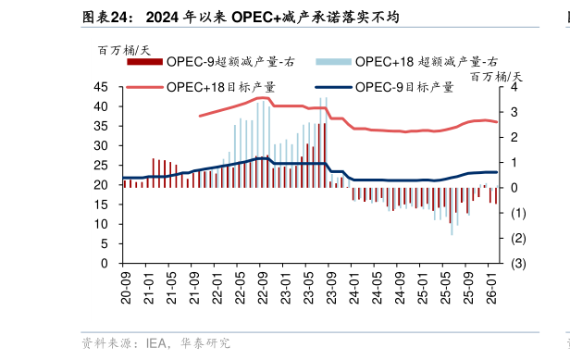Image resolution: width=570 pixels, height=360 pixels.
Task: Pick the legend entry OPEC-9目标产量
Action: [x=404, y=87]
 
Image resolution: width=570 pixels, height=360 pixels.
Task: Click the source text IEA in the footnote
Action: [x=156, y=343]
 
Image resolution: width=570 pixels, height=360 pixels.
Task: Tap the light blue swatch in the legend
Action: [x=333, y=62]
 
